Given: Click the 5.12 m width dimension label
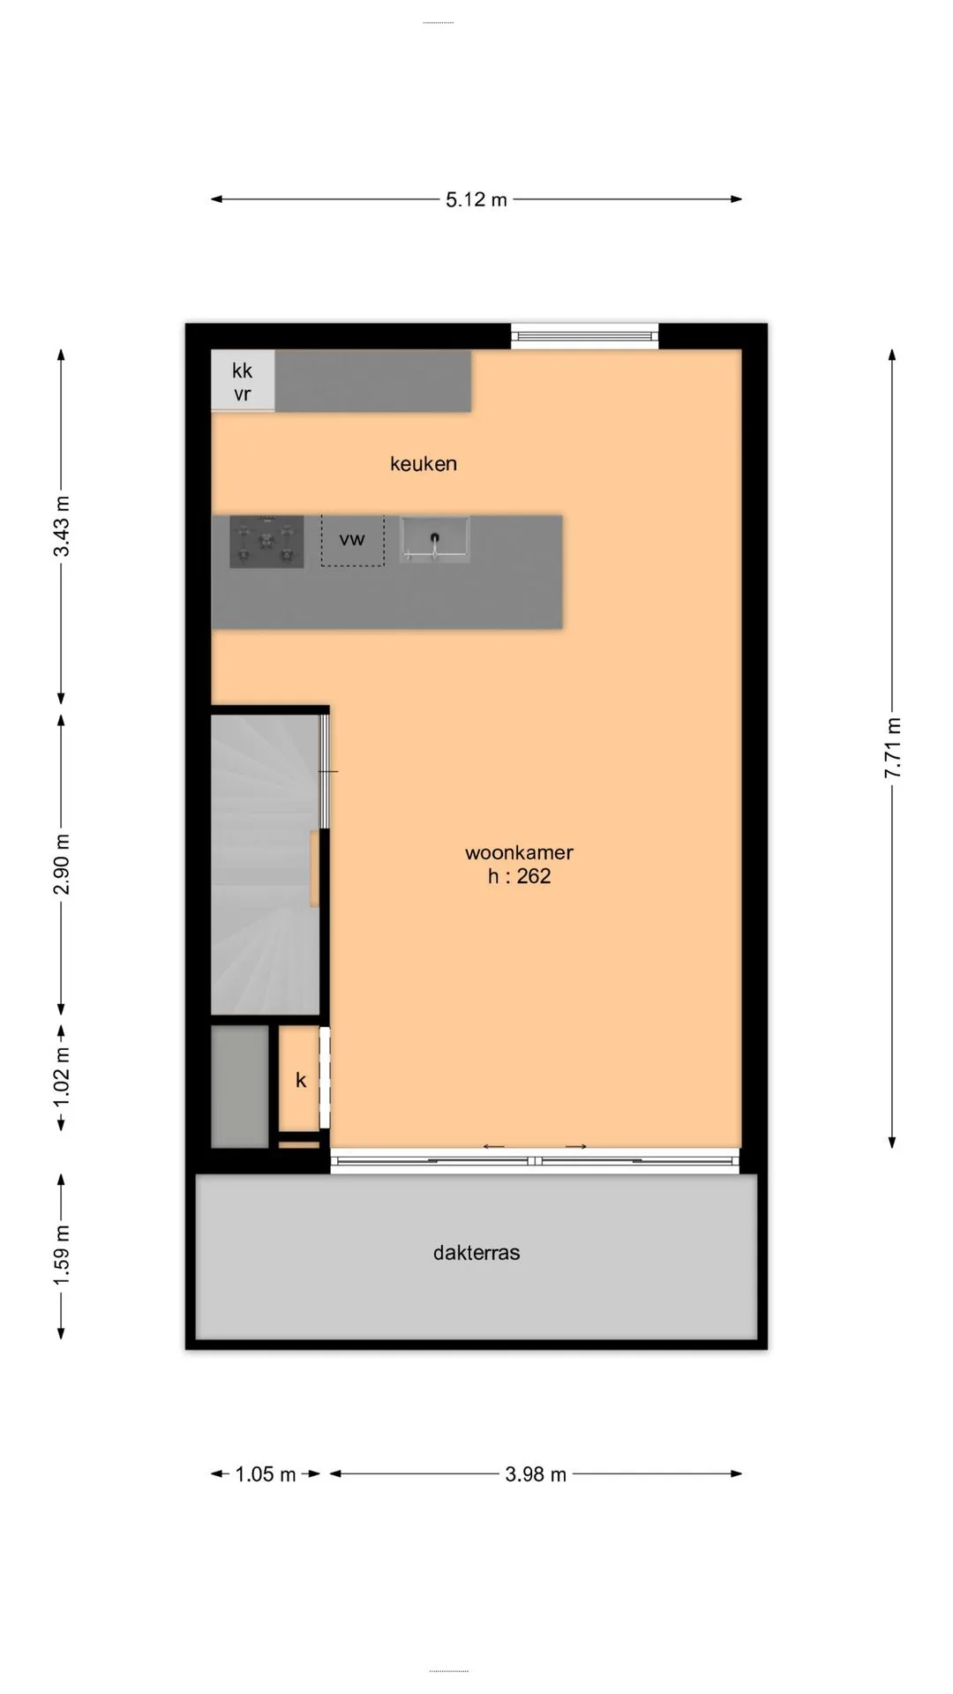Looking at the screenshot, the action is [x=476, y=199].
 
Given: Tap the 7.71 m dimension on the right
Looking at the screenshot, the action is [x=892, y=747].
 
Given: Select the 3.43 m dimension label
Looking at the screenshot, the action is [x=62, y=527].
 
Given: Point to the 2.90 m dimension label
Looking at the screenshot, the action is [x=62, y=864].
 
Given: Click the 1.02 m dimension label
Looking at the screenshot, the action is [x=62, y=1078].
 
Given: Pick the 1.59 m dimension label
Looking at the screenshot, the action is [x=62, y=1256].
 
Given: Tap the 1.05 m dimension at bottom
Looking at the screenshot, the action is [x=266, y=1474].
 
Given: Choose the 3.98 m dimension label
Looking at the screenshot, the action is [x=536, y=1474].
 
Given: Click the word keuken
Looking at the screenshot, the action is [x=424, y=463].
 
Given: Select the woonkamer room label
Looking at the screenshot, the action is [x=519, y=852].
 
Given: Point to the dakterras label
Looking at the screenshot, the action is [x=476, y=1253].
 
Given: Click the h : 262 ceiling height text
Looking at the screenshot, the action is [x=519, y=876].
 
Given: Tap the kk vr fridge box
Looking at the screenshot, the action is [x=243, y=381].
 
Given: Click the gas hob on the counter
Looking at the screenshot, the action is [x=266, y=542].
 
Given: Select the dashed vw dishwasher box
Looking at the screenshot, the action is [x=352, y=540].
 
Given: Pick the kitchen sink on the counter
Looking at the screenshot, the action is [x=434, y=540].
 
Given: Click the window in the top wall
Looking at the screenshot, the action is [x=585, y=335].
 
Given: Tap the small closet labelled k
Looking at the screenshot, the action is [x=299, y=1079].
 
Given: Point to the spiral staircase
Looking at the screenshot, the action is [x=265, y=865].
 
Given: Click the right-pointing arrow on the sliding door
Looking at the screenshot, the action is [x=576, y=1146].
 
